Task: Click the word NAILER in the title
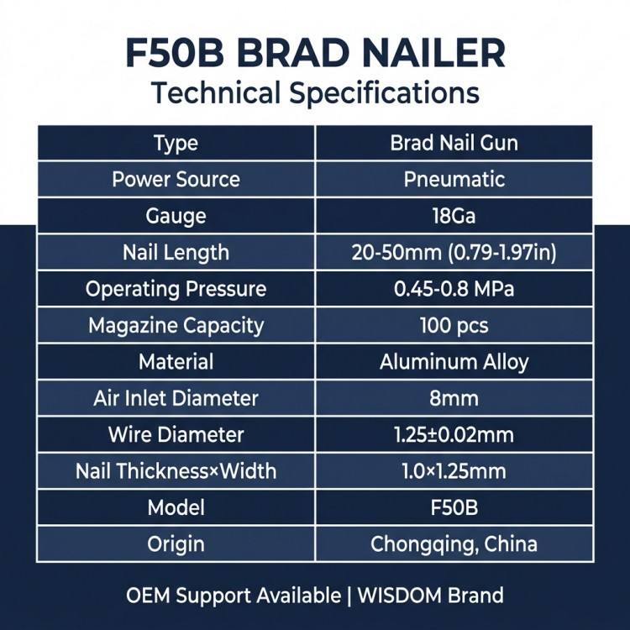pos(433,53)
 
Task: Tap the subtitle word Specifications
pos(385,92)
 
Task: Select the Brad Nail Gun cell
pos(454,143)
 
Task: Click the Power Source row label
pos(176,179)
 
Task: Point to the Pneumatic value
pos(454,179)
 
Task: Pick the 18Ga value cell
pos(454,216)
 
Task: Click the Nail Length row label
pos(176,253)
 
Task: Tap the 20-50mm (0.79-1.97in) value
pos(454,253)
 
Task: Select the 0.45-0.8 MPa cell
pos(454,289)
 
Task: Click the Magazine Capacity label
pos(176,326)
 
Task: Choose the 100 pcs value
pos(454,325)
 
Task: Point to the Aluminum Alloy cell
pos(454,362)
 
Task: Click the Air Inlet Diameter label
pos(176,398)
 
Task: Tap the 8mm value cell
pos(454,399)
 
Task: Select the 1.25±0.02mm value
pos(454,435)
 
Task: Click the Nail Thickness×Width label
pos(176,471)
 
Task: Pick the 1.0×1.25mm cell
pos(454,471)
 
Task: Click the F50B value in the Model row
pos(454,508)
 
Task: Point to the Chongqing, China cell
pos(454,544)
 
